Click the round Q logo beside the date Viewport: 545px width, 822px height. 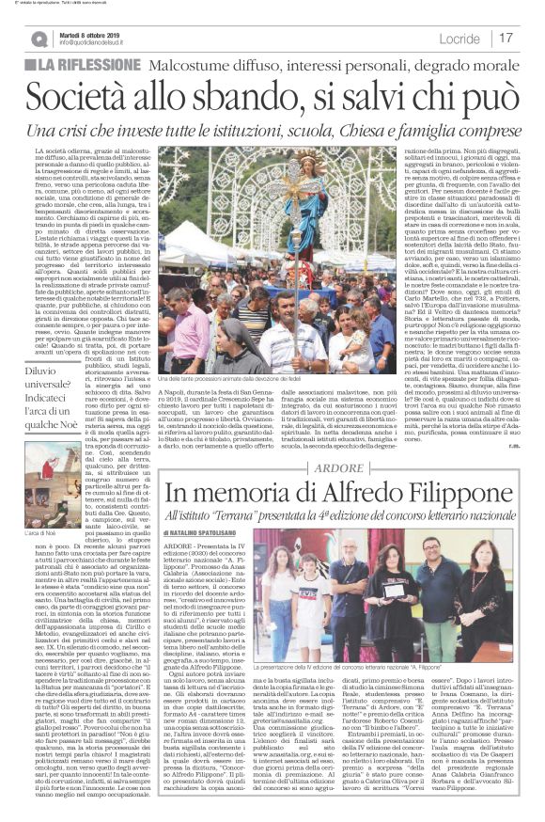pos(39,38)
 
